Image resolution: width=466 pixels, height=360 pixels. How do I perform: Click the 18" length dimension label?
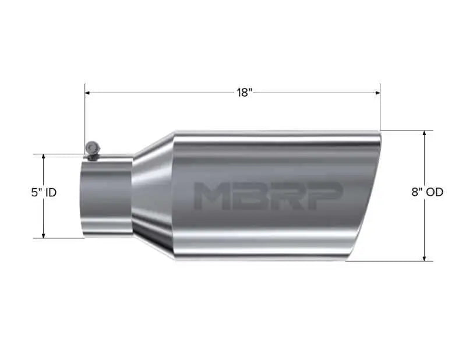point(244,93)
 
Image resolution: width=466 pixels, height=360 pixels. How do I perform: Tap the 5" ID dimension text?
point(44,192)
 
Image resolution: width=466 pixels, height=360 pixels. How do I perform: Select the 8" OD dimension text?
point(427,192)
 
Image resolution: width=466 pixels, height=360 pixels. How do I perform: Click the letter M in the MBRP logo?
point(211,195)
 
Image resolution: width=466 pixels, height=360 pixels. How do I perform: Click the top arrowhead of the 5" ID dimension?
point(43,157)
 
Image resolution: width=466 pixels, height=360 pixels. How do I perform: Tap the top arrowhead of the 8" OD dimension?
point(425,134)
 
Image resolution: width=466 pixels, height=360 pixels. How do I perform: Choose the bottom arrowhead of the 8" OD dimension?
point(425,257)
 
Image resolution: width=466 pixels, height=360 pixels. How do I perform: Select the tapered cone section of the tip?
point(153,195)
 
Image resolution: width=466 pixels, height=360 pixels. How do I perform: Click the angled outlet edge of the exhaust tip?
point(366,195)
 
